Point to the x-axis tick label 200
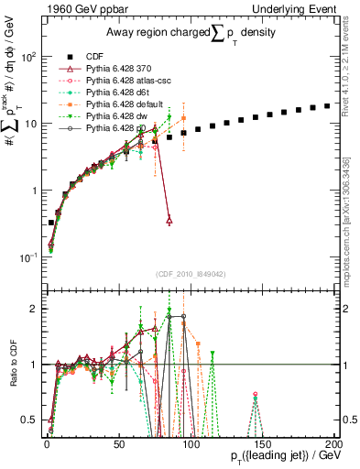pyautogui.click(x=334, y=443)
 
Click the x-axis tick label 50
pyautogui.click(x=119, y=443)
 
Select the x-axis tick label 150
pyautogui.click(x=262, y=443)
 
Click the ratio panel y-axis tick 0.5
pyautogui.click(x=30, y=420)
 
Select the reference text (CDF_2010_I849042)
pyautogui.click(x=191, y=272)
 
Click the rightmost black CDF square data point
pyautogui.click(x=327, y=106)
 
